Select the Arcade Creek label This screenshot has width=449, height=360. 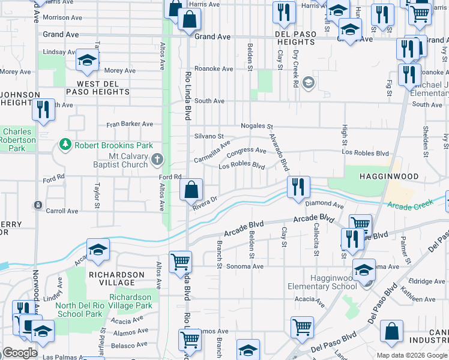409,206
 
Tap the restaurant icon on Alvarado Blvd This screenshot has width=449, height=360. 297,187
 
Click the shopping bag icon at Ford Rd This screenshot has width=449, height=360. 191,190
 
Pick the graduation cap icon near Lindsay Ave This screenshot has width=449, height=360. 87,60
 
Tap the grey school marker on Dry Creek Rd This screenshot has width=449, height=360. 309,82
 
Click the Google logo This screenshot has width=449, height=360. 20,353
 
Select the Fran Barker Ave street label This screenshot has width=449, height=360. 130,124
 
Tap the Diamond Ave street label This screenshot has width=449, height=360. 324,205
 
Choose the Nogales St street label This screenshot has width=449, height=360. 257,127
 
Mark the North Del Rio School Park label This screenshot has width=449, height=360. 79,309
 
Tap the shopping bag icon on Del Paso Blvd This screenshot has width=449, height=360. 391,331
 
